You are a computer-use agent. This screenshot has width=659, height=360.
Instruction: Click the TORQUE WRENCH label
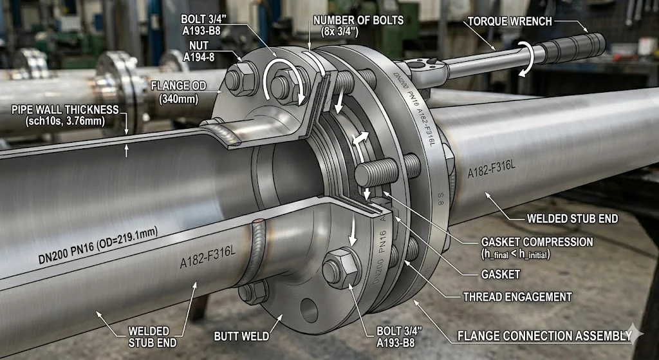coord(510,21)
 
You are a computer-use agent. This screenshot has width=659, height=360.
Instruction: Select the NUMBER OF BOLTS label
coord(358,25)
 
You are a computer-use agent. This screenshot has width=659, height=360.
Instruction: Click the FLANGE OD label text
coord(179,92)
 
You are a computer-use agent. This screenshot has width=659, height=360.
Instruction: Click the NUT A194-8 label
coord(198,50)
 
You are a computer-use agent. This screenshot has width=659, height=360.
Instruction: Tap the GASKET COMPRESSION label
coord(537,248)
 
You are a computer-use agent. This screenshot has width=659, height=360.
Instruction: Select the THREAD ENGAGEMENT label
coord(517,297)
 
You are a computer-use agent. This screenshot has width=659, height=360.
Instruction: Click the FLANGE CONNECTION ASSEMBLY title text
coord(544,336)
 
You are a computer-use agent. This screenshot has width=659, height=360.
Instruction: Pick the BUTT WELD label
coord(241,336)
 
